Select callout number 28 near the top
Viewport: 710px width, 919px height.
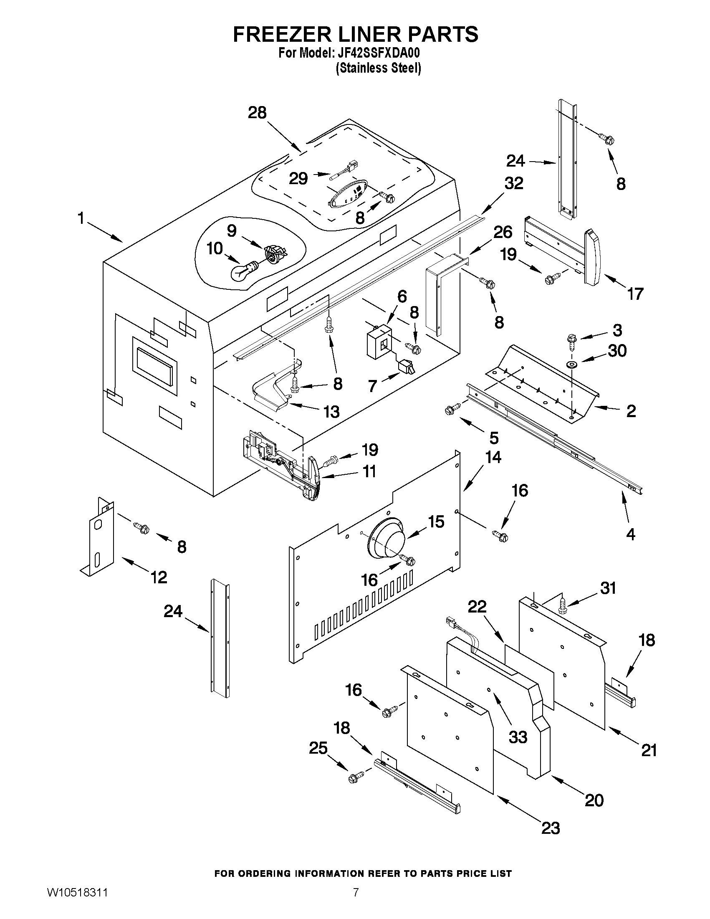(257, 113)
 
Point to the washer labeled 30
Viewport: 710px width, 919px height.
(571, 364)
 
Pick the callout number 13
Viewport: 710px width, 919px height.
(331, 412)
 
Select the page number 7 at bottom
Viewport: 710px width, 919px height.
(356, 902)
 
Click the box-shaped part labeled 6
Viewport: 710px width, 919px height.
(378, 343)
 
